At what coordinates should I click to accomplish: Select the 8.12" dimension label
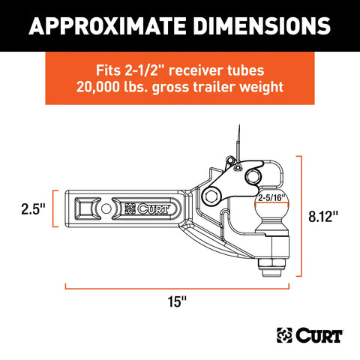tap(323, 216)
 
